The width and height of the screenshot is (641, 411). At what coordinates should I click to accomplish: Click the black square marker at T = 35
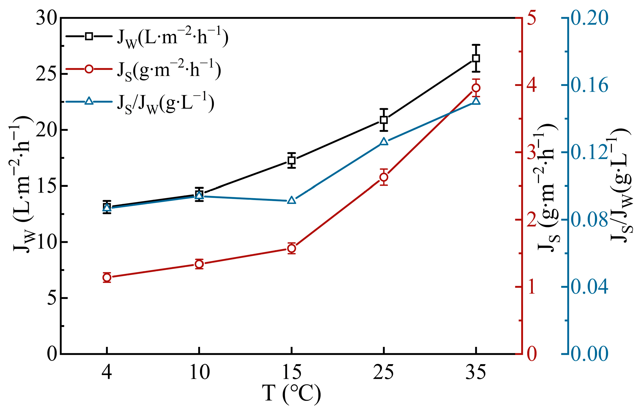tap(476, 58)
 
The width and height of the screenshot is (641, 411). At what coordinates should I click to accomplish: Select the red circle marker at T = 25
tap(384, 177)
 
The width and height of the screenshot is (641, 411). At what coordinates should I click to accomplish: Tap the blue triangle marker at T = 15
tap(292, 201)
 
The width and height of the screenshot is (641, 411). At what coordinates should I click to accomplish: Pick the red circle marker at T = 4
tap(107, 278)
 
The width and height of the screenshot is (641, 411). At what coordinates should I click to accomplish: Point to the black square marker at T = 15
tap(292, 160)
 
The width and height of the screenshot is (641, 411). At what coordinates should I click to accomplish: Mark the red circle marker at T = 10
tap(199, 264)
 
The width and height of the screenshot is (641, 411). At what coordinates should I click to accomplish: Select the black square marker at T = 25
tap(384, 120)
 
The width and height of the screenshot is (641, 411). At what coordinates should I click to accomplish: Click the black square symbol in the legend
tap(89, 36)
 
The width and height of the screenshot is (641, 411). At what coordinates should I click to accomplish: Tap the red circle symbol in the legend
tap(89, 69)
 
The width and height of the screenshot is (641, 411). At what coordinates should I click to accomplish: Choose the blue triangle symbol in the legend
tap(89, 101)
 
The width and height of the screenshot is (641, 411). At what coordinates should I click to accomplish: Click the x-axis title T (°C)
tap(291, 394)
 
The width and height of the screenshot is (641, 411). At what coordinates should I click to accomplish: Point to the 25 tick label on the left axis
tap(47, 74)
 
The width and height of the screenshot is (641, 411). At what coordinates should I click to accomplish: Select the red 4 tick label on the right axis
tap(531, 85)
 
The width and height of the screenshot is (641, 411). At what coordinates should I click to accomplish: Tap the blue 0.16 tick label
tap(589, 85)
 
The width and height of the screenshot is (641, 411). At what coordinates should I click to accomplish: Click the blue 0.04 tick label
tap(589, 287)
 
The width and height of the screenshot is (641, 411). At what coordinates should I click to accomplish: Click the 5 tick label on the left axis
tap(52, 298)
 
